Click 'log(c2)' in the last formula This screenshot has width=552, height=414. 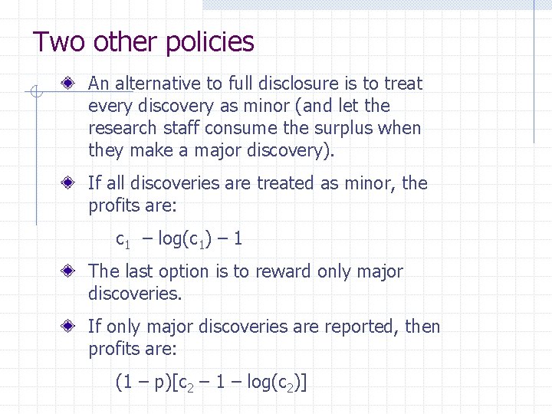pyautogui.click(x=277, y=382)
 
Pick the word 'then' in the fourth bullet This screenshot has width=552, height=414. pyautogui.click(x=423, y=327)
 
